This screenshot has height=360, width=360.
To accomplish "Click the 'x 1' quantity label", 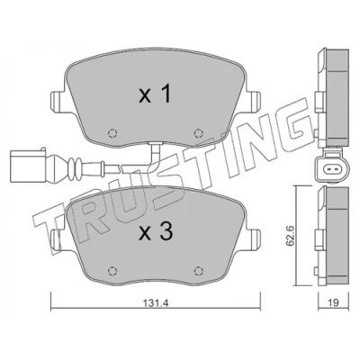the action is pyautogui.click(x=155, y=94).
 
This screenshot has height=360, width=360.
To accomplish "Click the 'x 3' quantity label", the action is pyautogui.click(x=156, y=231).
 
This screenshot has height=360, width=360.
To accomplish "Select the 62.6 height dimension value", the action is pyautogui.click(x=290, y=236).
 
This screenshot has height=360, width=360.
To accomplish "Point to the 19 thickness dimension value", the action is pyautogui.click(x=333, y=303).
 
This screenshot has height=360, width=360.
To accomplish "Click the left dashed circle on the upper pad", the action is pyautogui.click(x=112, y=132).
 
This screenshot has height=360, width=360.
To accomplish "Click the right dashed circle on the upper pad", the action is pyautogui.click(x=198, y=132).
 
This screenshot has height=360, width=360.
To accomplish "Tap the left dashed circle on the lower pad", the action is pyautogui.click(x=112, y=271).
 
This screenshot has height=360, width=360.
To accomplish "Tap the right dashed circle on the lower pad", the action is pyautogui.click(x=198, y=271).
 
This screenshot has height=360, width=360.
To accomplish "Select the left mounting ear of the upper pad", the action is pyautogui.click(x=57, y=102).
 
